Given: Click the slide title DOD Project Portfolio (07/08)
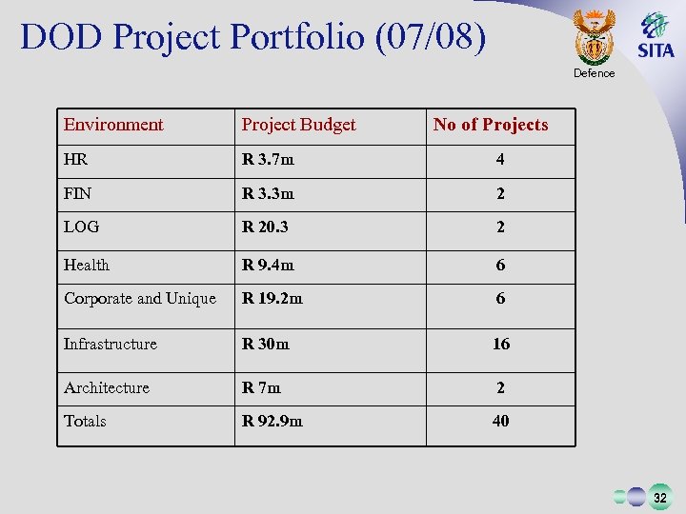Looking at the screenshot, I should coord(252,37).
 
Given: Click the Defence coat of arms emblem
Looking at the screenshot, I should coord(595,36).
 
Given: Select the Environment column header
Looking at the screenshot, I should coord(113,125).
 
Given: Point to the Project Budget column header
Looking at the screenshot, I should coord(298,125).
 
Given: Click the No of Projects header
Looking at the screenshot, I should coord(491,125).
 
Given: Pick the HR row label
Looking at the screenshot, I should coord(76,160).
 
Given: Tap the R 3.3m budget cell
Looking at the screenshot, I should coord(268,194).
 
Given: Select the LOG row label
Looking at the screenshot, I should coord(81,227).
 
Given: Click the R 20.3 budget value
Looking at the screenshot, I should coord(265,227).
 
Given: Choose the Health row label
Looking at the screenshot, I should coord(87,265).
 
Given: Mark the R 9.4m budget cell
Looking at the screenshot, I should coord(268,265).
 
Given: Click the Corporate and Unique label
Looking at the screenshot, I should coord(140,299).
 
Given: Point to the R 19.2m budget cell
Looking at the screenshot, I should coord(272,299).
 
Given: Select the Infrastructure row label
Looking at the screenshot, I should coord(111,344).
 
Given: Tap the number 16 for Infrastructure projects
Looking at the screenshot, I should coord(501,344).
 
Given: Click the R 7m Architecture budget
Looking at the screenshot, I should coord(262,387).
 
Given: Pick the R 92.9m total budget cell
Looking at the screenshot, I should coord(272,421).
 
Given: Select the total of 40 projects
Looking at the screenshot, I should coord(501,421).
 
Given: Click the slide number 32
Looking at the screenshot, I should coord(659,497).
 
